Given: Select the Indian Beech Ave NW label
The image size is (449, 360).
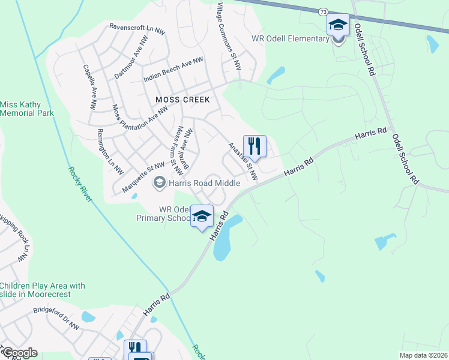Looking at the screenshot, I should coord(173,70).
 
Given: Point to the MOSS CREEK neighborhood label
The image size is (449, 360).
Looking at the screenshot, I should coord(182,100).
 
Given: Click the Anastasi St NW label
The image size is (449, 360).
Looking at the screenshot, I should coord(243,161).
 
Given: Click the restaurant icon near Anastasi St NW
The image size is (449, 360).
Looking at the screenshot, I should coord(255,146).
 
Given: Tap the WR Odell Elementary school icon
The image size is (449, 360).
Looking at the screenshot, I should coord(338,25).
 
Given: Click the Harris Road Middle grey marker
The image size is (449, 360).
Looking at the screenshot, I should coord(160,182).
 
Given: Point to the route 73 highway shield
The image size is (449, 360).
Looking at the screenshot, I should coord(324,12).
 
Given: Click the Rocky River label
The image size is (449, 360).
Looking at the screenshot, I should coord(80,184).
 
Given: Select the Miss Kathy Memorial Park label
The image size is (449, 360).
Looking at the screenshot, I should coord(26,109).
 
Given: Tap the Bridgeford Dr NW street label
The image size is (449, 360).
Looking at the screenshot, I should coord(56,319).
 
